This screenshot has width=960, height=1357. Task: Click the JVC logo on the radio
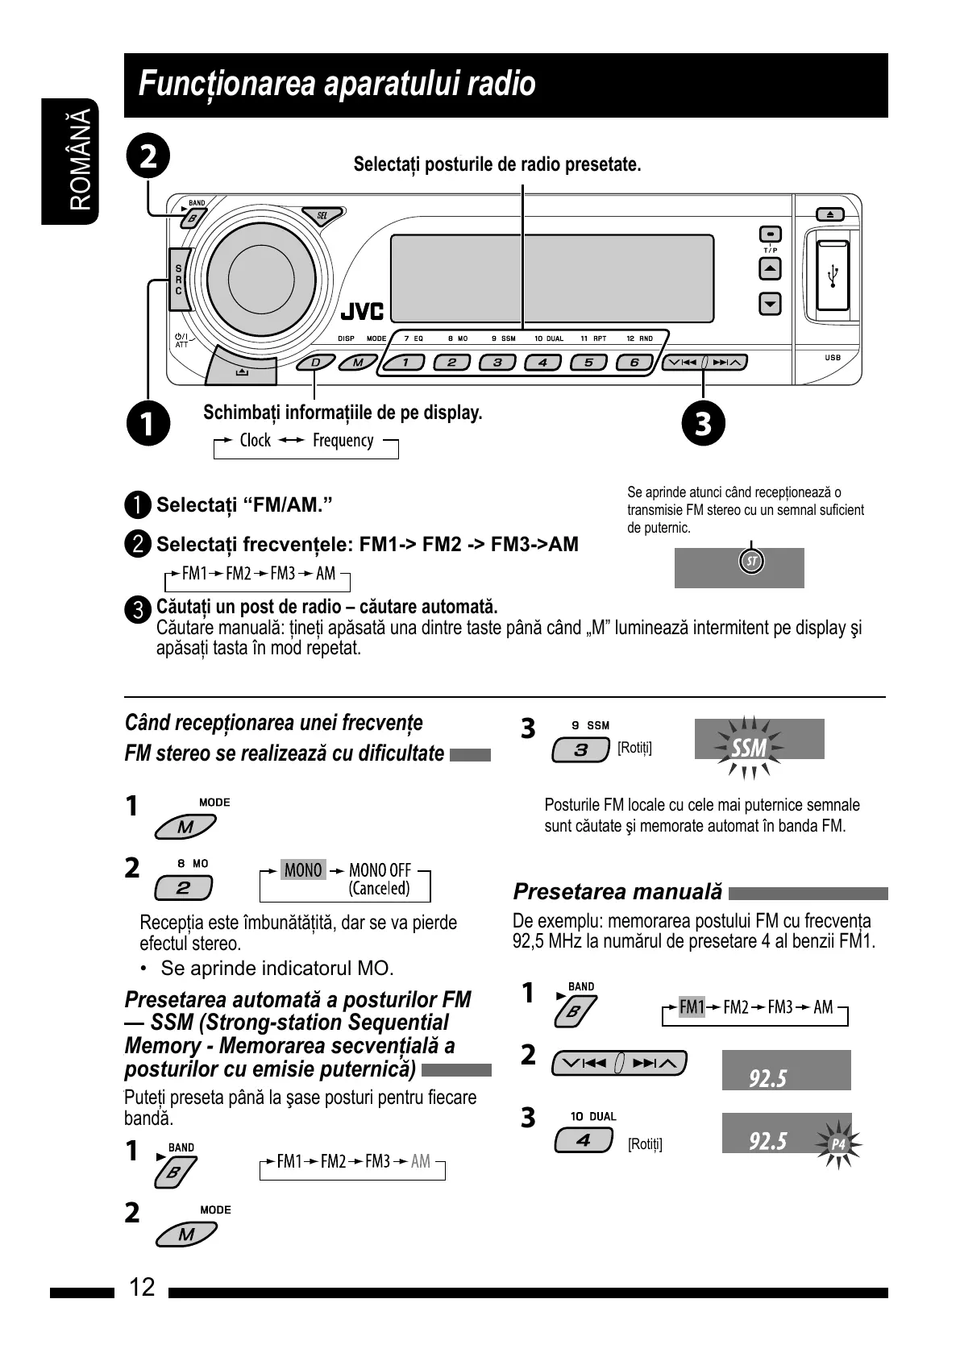click(x=362, y=311)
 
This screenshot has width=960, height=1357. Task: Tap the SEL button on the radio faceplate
click(x=322, y=216)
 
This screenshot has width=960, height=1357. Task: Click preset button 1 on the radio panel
click(x=406, y=363)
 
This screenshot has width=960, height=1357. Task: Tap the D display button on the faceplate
click(x=315, y=363)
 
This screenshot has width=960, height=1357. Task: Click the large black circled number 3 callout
click(x=703, y=423)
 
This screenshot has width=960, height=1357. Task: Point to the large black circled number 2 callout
click(x=149, y=156)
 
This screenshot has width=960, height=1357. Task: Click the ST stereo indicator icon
click(x=750, y=562)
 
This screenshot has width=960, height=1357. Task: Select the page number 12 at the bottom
click(x=142, y=1287)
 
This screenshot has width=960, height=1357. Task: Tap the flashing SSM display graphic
click(x=750, y=748)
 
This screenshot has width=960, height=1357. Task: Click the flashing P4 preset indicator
click(x=839, y=1144)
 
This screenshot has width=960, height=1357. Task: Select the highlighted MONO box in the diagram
click(x=303, y=870)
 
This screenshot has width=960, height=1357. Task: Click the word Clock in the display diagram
click(x=255, y=440)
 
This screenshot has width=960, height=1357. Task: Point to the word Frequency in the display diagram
click(x=343, y=440)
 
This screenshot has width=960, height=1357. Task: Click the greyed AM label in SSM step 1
click(x=421, y=1161)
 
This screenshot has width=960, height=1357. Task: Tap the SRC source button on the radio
click(x=179, y=279)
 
